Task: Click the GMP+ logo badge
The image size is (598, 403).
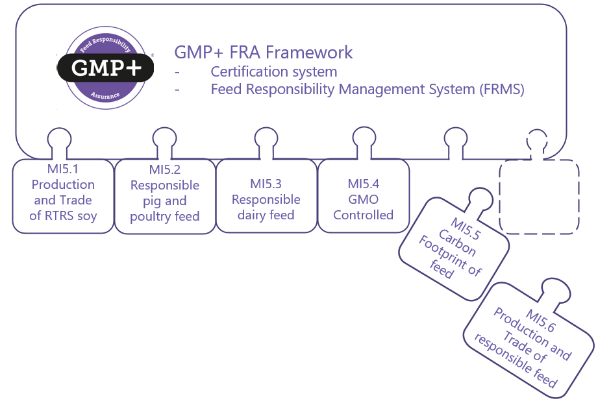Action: [x=105, y=67]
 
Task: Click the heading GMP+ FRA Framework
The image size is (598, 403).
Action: [x=263, y=53]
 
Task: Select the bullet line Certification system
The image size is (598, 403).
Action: [x=273, y=71]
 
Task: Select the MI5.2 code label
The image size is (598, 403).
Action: [x=165, y=170]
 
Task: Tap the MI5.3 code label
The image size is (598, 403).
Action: [x=266, y=184]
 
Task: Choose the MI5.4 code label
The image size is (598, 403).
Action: [x=364, y=184]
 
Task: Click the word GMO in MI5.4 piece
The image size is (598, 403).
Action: [x=364, y=199]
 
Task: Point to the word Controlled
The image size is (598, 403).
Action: [x=364, y=215]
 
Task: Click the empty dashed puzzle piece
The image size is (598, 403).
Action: [x=538, y=197]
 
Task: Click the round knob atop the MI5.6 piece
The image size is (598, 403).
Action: [x=556, y=289]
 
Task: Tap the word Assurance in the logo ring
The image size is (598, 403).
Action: [x=105, y=95]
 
